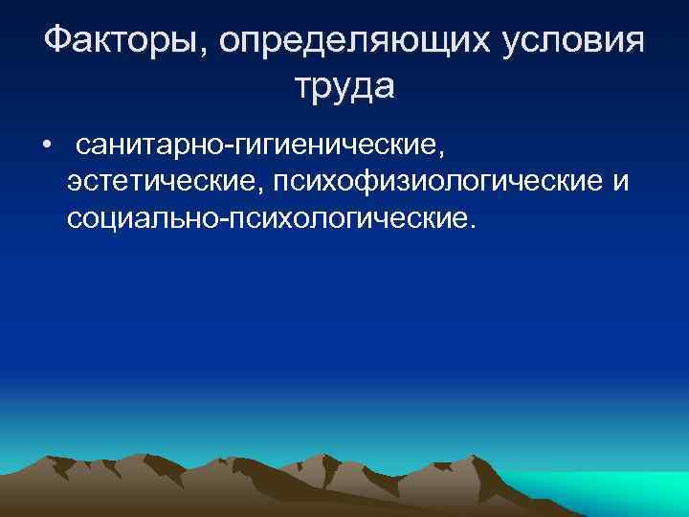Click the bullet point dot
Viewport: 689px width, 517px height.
46,146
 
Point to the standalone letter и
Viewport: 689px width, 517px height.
621,182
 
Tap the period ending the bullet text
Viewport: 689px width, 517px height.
470,228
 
